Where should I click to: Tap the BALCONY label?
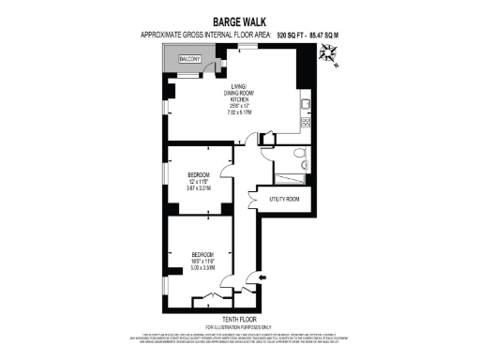[191, 58]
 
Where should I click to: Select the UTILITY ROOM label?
[284, 199]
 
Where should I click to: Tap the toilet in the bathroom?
[298, 153]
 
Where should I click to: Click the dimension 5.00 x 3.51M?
[203, 267]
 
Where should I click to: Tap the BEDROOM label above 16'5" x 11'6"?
[203, 254]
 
